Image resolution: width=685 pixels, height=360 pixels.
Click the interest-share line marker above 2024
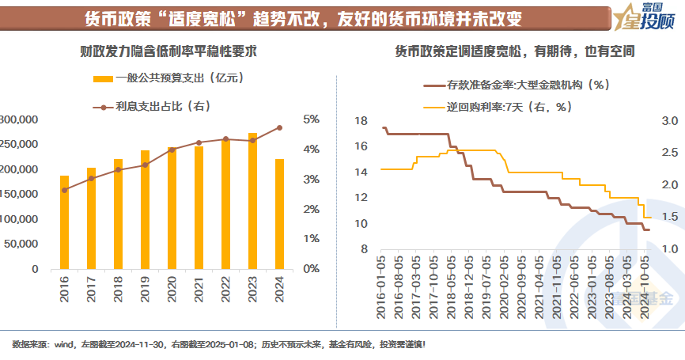pyautogui.click(x=279, y=127)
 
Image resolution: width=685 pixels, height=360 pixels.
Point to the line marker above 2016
pyautogui.click(x=64, y=190)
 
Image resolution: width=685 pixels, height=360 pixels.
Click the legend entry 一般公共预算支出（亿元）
pyautogui.click(x=167, y=78)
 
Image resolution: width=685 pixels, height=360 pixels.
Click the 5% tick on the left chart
pyautogui.click(x=312, y=119)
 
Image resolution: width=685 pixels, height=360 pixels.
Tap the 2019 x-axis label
pyautogui.click(x=145, y=288)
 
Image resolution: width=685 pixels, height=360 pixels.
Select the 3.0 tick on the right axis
pyautogui.click(x=671, y=121)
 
